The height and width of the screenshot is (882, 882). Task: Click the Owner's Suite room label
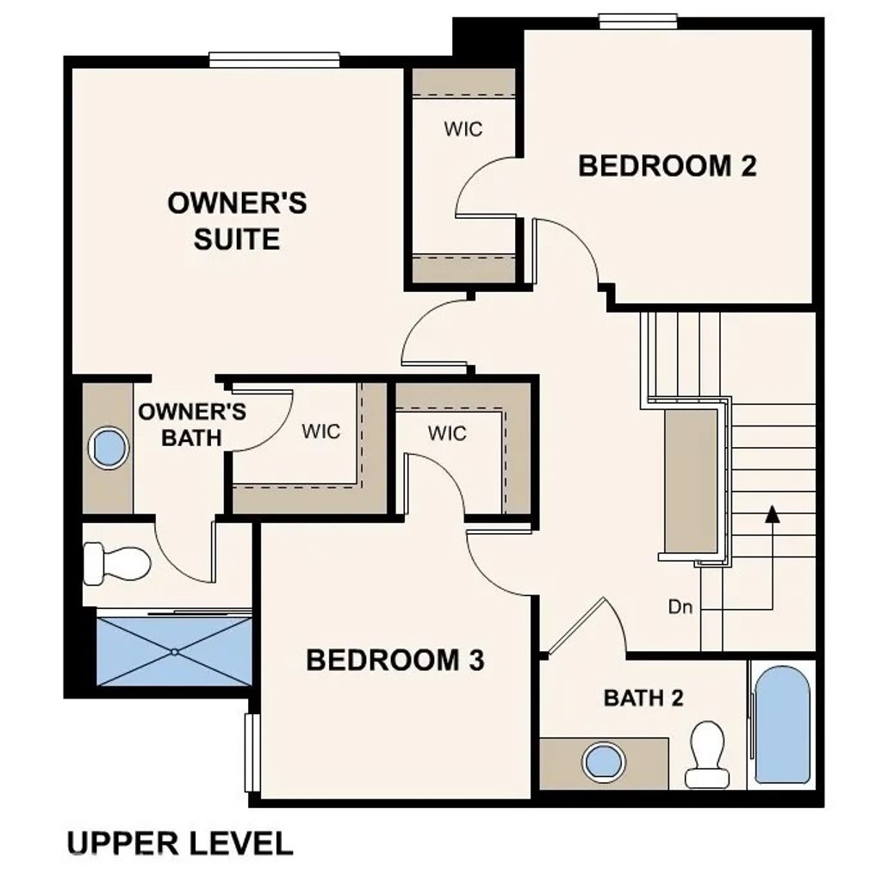point(237,221)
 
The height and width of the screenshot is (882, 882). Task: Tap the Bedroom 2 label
point(667,165)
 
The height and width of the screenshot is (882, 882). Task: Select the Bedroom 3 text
point(395,661)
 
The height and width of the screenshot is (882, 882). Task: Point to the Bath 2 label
point(643,698)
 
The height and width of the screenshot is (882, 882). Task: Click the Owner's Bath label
point(192,425)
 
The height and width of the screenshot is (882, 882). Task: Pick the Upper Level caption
point(179,842)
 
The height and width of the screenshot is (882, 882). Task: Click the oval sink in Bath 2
point(602,762)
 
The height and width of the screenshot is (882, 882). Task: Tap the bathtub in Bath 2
point(781,725)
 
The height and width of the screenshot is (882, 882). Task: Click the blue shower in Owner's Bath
point(175,650)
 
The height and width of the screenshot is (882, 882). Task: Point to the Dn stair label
point(680,607)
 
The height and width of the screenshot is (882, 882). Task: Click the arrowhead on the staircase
point(773,514)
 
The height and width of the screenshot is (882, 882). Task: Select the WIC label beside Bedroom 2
point(463,129)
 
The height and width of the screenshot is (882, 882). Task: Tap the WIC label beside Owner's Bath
point(320,431)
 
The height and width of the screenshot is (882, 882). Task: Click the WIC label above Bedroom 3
point(447,432)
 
